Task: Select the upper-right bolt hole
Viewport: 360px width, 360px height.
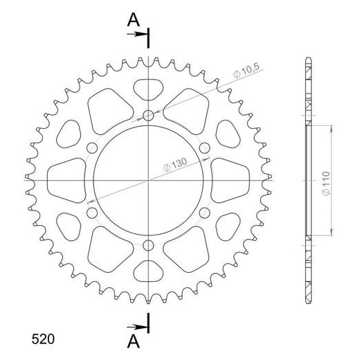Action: click(x=205, y=147)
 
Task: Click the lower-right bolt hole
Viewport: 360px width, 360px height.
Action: click(x=205, y=212)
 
